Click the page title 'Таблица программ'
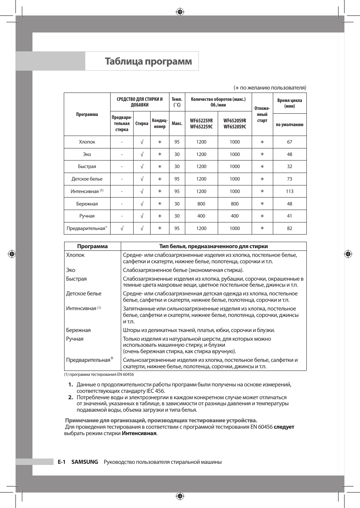pos(148,61)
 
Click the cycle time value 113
pos(289,191)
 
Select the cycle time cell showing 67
pos(289,142)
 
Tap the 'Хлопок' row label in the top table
pos(87,142)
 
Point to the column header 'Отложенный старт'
pos(262,114)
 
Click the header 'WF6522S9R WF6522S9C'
pos(201,124)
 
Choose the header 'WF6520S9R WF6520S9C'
pos(235,124)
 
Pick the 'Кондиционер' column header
pos(160,124)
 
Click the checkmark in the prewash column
pos(122,229)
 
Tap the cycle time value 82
pos(289,229)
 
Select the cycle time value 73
pos(289,179)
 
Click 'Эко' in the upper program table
pos(87,154)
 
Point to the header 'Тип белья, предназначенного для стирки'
pos(213,246)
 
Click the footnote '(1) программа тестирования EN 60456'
pos(99,375)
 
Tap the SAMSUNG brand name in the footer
pos(85,462)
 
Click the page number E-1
pos(62,462)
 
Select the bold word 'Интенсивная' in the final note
pos(139,433)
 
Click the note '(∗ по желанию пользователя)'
pos(270,88)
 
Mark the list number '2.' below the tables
pos(71,397)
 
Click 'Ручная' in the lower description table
pos(75,339)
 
